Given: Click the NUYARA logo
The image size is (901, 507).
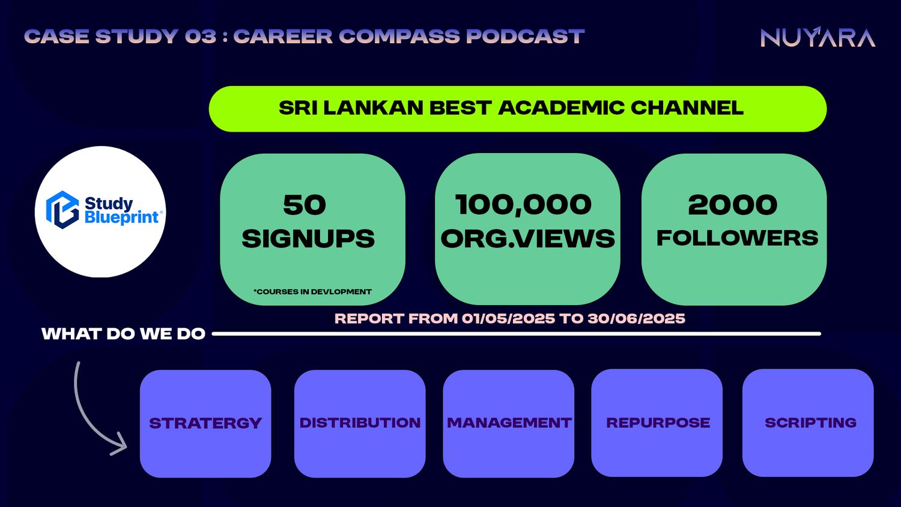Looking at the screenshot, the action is [818, 37].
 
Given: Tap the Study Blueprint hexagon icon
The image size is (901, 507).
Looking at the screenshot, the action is [62, 210].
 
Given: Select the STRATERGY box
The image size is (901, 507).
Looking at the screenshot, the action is [205, 424].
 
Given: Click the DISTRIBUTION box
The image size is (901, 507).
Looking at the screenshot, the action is [360, 424].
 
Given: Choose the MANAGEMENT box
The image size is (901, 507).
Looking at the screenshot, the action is [509, 424].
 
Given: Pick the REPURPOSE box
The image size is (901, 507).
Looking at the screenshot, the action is [657, 423].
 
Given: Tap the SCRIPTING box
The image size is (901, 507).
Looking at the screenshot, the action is [808, 423].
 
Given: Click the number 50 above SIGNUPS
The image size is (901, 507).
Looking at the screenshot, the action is [305, 205].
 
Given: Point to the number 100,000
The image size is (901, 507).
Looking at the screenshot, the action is [523, 205].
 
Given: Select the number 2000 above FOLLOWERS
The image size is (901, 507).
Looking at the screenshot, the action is [733, 205].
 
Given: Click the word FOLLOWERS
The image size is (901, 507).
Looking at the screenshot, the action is [737, 238].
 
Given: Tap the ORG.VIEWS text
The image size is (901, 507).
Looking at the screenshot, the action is [528, 238].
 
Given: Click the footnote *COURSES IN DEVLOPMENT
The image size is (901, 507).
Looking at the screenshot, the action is [312, 292].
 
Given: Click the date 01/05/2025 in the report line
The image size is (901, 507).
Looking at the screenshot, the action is [508, 319].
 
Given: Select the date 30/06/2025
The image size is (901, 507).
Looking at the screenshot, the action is [636, 319].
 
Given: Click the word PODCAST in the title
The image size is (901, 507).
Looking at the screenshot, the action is [526, 36].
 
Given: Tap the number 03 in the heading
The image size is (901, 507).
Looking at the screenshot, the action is [200, 36].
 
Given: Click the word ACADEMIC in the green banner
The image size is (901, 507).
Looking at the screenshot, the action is [561, 108].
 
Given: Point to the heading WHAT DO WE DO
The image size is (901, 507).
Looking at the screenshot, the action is [124, 334].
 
